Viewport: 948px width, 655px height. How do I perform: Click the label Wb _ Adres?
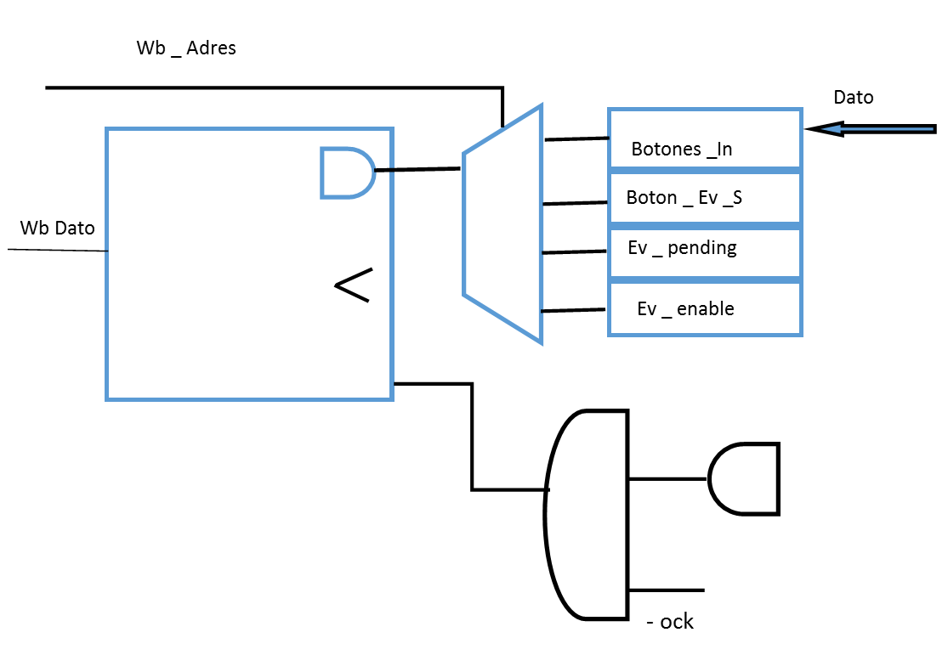coord(186,48)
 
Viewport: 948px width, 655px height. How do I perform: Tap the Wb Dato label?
coord(58,229)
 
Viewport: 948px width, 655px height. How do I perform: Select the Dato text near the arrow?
coord(853,97)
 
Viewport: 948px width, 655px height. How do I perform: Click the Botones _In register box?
coord(705,138)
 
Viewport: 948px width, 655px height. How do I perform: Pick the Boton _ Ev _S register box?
coord(705,198)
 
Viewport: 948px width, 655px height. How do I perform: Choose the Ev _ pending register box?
coord(705,252)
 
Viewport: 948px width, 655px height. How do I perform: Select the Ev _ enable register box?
coord(705,308)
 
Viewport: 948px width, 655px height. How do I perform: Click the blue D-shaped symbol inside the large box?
coord(344,173)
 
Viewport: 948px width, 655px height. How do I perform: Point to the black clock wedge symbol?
coord(353,285)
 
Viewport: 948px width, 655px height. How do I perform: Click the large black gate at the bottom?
coord(587,514)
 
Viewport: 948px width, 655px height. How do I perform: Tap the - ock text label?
coord(670,622)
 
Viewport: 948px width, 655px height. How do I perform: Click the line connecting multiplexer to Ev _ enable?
coord(574,311)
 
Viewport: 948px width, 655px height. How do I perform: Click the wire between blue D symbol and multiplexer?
coord(417,170)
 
